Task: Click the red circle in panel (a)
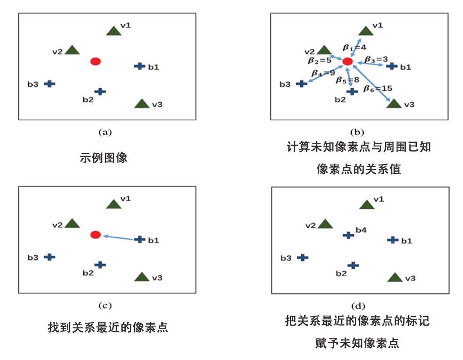pyautogui.click(x=95, y=62)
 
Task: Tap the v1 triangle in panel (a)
pyautogui.click(x=114, y=31)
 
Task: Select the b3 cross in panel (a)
pyautogui.click(x=50, y=84)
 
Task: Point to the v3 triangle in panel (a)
pyautogui.click(x=142, y=104)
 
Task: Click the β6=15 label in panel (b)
pyautogui.click(x=378, y=88)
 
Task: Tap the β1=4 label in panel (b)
pyautogui.click(x=354, y=47)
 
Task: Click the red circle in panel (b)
pyautogui.click(x=347, y=62)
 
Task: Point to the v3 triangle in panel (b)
pyautogui.click(x=394, y=104)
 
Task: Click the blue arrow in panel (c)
pyautogui.click(x=119, y=237)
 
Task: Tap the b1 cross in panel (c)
pyautogui.click(x=139, y=240)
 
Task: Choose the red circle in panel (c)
pyautogui.click(x=95, y=235)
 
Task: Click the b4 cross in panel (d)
pyautogui.click(x=348, y=235)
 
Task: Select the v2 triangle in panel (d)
pyautogui.click(x=325, y=224)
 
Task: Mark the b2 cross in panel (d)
pyautogui.click(x=353, y=265)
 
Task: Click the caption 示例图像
pyautogui.click(x=104, y=158)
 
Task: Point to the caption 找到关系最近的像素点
pyautogui.click(x=108, y=328)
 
